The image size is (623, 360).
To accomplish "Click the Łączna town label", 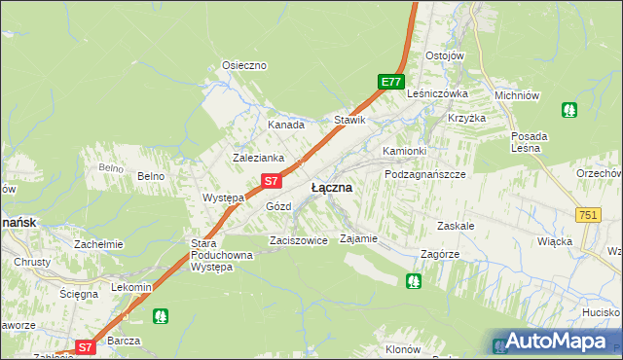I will [x=332, y=187].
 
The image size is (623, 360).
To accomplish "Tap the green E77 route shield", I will [x=390, y=83].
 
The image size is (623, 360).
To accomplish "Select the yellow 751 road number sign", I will [x=587, y=214].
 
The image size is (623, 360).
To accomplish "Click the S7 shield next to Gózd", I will [x=273, y=181].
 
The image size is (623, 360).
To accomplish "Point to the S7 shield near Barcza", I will [x=85, y=346].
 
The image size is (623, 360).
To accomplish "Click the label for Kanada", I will [x=286, y=125].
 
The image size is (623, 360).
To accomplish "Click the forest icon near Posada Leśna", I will [x=568, y=110].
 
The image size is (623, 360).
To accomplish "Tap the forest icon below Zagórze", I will [x=414, y=281].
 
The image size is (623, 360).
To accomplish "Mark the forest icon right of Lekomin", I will [x=161, y=316].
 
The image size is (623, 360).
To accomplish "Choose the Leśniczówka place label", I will [x=438, y=93].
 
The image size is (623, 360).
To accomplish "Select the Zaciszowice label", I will [x=298, y=239].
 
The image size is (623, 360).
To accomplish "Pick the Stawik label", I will [x=349, y=120].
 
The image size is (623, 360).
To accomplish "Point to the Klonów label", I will [x=402, y=349].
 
